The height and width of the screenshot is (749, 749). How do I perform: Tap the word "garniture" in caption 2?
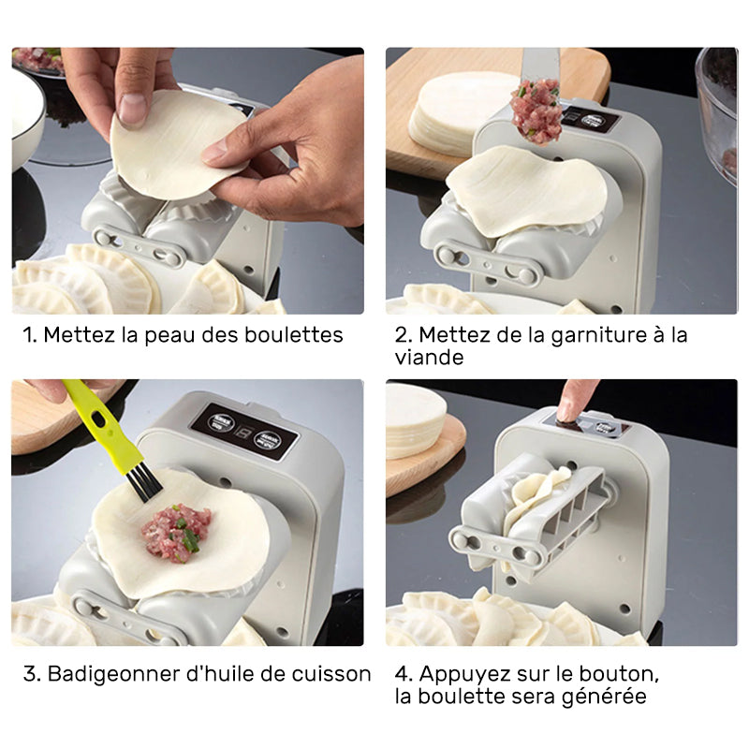pos(576,335)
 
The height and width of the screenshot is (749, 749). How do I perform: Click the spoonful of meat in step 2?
pos(536,111)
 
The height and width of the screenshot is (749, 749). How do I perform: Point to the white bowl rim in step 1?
pos(33,131)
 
